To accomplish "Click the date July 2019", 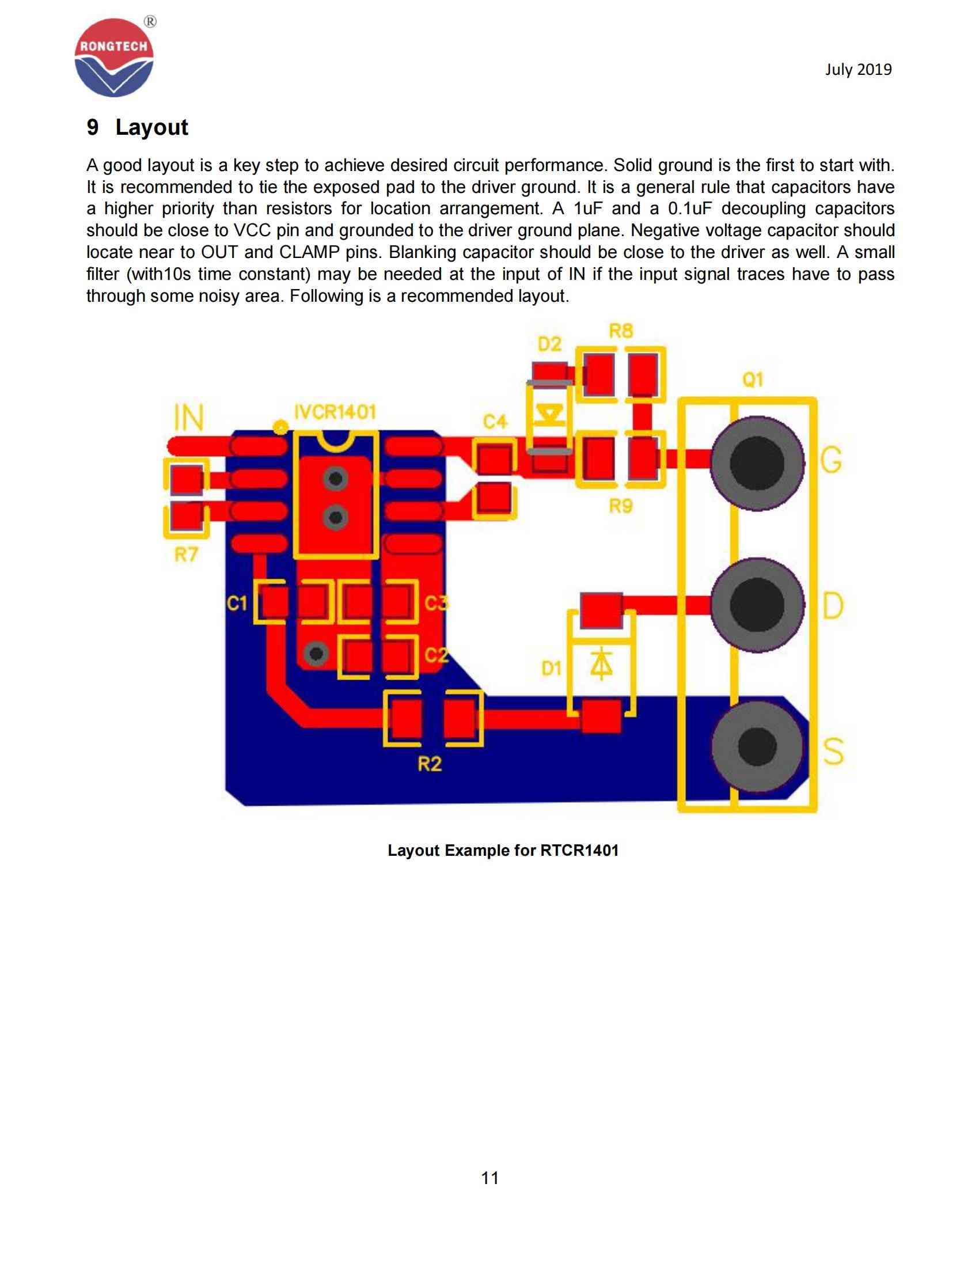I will (x=858, y=70).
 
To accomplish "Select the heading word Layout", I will (x=151, y=127).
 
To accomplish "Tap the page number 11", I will (x=490, y=1178).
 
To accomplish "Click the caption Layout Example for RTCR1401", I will (x=503, y=851).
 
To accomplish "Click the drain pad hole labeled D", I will (x=757, y=606).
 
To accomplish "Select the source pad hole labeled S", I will (x=757, y=746).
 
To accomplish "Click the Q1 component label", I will (x=752, y=381).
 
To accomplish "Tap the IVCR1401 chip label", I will (x=335, y=412).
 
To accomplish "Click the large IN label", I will (x=189, y=417).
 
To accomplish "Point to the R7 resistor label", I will (x=186, y=555).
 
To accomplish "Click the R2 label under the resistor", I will (x=429, y=765).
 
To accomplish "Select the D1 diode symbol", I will (x=601, y=665).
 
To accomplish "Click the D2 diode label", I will (x=549, y=344).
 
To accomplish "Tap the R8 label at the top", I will (x=621, y=332).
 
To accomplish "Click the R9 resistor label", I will (x=620, y=506).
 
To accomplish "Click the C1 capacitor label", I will (x=237, y=604).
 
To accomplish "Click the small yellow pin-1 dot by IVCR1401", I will (x=280, y=427).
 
